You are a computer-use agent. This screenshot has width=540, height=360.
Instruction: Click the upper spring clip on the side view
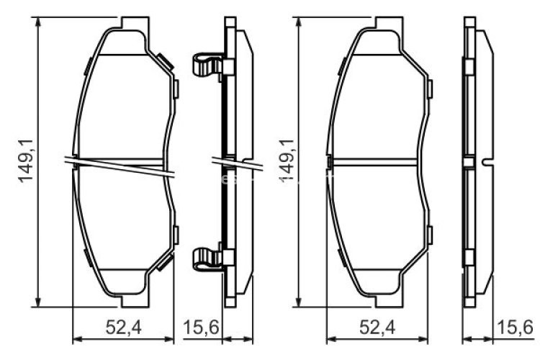208,66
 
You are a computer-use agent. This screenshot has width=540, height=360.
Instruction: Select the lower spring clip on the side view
208,258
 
